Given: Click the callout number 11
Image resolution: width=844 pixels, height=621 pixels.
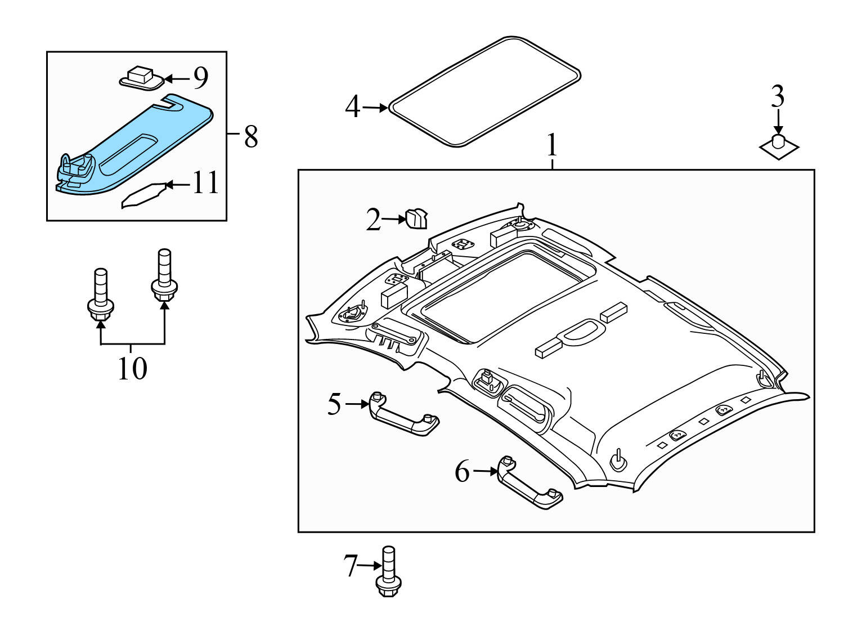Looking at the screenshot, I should click(205, 183).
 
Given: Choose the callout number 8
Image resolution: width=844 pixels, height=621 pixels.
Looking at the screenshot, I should click(251, 136).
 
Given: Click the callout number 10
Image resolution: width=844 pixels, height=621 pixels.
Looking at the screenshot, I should click(132, 369).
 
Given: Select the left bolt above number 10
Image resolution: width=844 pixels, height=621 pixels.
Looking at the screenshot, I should click(101, 296).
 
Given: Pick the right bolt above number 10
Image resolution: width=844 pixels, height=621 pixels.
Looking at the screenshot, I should click(164, 276).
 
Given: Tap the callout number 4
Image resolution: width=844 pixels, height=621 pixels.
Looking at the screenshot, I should click(352, 107).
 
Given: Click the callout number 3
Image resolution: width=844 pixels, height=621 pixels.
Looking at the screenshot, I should click(778, 97).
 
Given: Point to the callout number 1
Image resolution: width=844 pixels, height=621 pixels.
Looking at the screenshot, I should click(552, 145).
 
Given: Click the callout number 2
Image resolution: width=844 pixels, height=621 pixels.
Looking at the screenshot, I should click(373, 220).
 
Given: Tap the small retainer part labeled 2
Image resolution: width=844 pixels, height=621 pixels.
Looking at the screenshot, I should click(416, 218).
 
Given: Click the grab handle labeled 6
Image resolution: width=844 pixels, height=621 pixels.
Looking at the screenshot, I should click(529, 484).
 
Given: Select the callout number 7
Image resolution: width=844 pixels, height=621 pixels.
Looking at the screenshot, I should click(351, 565).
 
